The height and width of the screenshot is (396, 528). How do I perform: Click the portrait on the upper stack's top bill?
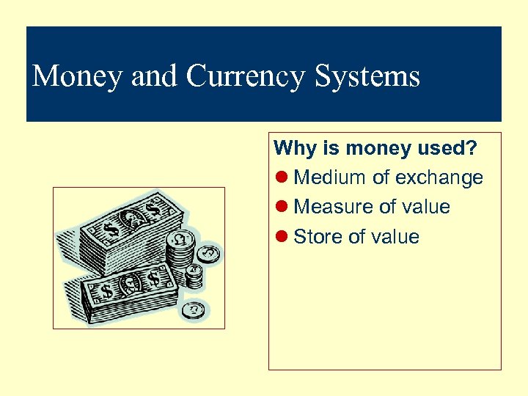[133, 216]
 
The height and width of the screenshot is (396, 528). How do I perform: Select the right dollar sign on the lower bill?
[155, 279]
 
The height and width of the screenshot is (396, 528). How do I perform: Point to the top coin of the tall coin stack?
[180, 240]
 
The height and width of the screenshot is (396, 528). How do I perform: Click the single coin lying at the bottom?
[194, 310]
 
